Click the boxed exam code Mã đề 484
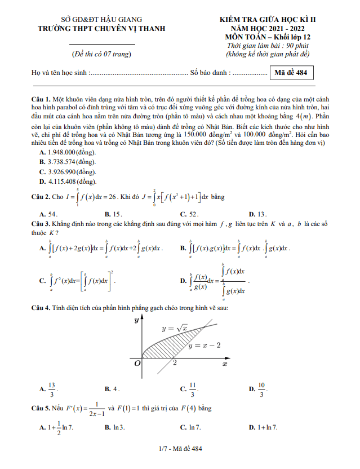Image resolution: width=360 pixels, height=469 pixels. pyautogui.click(x=292, y=73)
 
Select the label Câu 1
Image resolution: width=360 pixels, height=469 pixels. pyautogui.click(x=41, y=99)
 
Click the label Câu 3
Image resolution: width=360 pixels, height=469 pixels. pyautogui.click(x=41, y=224)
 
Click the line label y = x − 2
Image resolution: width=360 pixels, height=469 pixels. pyautogui.click(x=205, y=345)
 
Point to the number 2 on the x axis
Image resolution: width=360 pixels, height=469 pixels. pyautogui.click(x=175, y=363)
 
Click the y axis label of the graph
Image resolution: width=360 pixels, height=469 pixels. pyautogui.click(x=136, y=320)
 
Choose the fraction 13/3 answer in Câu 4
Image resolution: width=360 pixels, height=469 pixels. pyautogui.click(x=52, y=388)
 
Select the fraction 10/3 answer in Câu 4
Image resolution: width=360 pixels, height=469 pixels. pyautogui.click(x=261, y=388)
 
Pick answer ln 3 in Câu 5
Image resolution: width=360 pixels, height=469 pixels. pyautogui.click(x=118, y=428)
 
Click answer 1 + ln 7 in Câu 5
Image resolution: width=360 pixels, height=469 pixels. pyautogui.click(x=267, y=428)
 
